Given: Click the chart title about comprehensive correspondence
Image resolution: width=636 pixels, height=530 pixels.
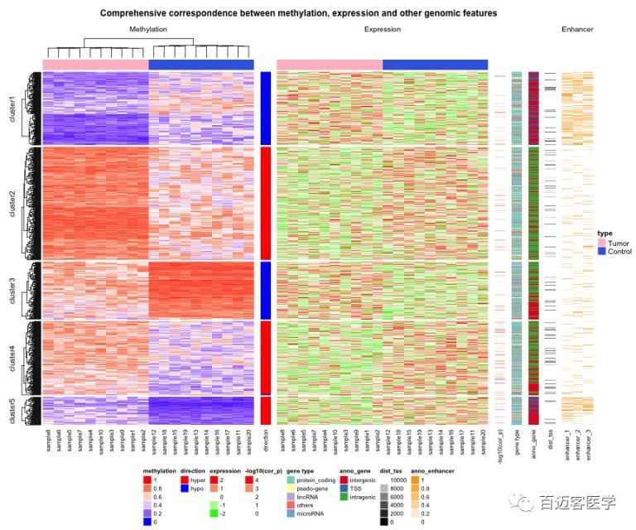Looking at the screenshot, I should pyautogui.click(x=298, y=14).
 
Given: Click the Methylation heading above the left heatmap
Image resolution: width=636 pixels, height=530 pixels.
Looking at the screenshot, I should pyautogui.click(x=148, y=30).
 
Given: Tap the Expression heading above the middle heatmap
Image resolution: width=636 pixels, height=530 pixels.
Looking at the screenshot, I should pyautogui.click(x=382, y=30).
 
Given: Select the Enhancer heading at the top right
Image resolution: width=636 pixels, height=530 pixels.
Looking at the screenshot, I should pyautogui.click(x=577, y=30).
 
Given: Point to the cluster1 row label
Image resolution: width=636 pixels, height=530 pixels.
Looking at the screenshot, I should pyautogui.click(x=12, y=108).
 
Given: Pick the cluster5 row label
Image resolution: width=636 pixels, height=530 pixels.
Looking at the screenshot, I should pyautogui.click(x=12, y=412).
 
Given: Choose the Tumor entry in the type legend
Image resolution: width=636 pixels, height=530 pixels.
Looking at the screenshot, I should pyautogui.click(x=618, y=243).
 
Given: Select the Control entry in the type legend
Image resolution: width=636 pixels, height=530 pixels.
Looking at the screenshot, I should pyautogui.click(x=619, y=251).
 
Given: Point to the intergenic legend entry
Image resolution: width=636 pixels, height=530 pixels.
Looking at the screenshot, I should pyautogui.click(x=363, y=479).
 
